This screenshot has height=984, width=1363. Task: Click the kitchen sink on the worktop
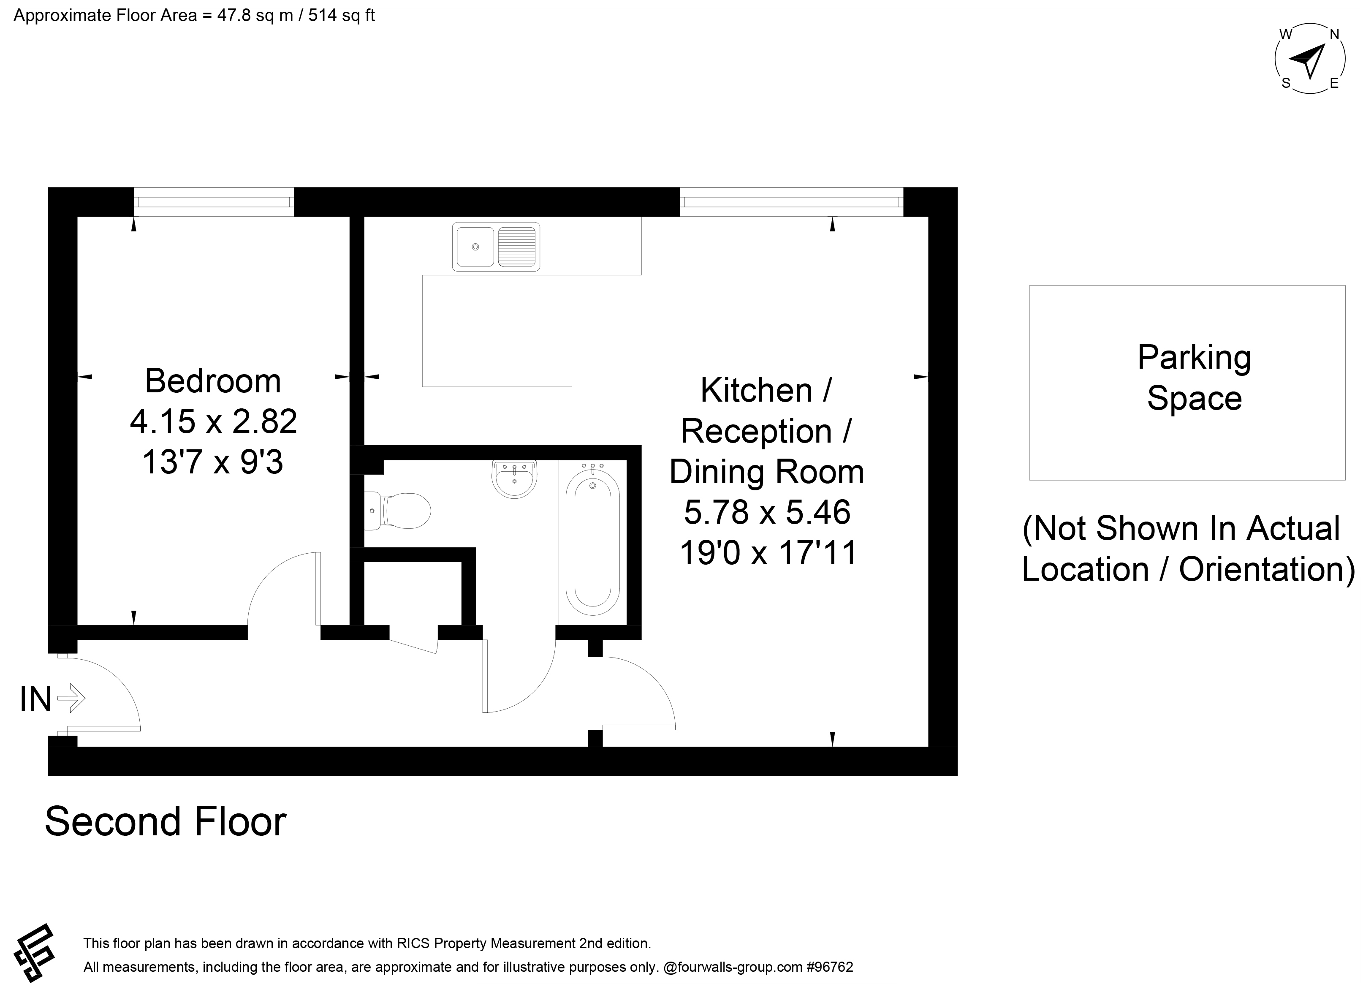[496, 247]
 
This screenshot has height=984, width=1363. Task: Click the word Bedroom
[213, 381]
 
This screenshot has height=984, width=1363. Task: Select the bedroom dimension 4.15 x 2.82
[213, 421]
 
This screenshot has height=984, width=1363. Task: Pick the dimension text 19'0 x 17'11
[768, 552]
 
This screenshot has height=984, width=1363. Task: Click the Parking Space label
[1194, 378]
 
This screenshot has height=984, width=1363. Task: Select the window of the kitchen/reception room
[791, 201]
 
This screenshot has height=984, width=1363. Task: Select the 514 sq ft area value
[341, 15]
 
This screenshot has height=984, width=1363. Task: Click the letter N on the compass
[1334, 35]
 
